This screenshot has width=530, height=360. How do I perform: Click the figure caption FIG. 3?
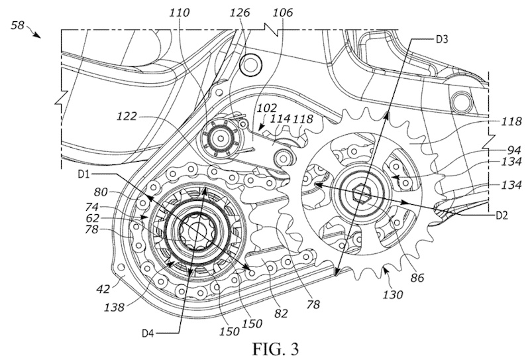276,349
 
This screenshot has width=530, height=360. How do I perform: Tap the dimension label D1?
83,174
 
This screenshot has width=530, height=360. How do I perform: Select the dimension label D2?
502,215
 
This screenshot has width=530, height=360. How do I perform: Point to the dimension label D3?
441,39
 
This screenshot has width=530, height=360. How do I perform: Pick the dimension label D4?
147,333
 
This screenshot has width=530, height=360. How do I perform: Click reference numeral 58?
17,25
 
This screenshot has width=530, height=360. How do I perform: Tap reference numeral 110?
180,13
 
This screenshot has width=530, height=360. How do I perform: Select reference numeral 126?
240,13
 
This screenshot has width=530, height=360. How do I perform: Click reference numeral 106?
283,13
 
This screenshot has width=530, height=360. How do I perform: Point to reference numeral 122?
127,117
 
